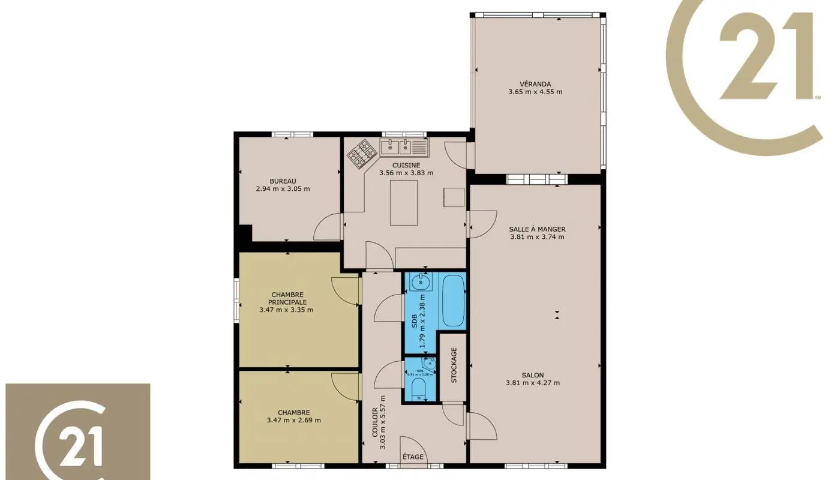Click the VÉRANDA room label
pyautogui.click(x=535, y=84)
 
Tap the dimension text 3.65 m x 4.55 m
pyautogui.click(x=535, y=92)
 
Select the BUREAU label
pyautogui.click(x=283, y=181)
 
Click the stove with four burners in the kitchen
pyautogui.click(x=362, y=153)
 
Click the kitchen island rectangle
pyautogui.click(x=404, y=203)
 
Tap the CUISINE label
pyautogui.click(x=406, y=165)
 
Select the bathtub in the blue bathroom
pyautogui.click(x=454, y=300)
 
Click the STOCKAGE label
pyautogui.click(x=454, y=365)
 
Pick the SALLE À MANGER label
pyautogui.click(x=537, y=229)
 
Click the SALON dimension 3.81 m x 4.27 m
pyautogui.click(x=533, y=383)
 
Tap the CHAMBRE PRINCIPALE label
pyautogui.click(x=286, y=298)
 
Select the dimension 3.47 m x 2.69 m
pyautogui.click(x=294, y=420)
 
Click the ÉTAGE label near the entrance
pyautogui.click(x=413, y=457)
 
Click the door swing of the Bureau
pyautogui.click(x=329, y=227)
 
